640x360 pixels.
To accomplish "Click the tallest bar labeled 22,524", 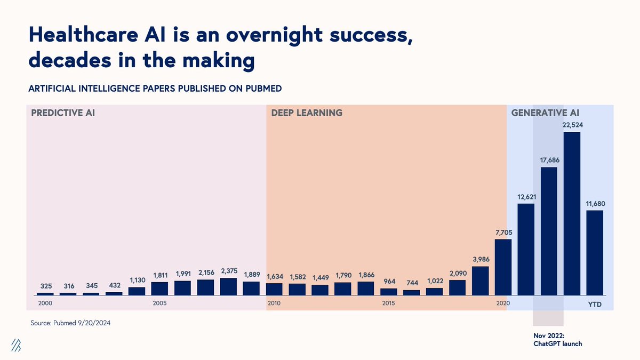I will coord(572,213).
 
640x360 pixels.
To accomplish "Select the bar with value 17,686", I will coord(549,231).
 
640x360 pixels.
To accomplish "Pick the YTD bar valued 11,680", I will coord(595,252).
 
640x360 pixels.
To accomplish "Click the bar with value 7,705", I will coord(503,267).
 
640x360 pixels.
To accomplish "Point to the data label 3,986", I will coord(481,259).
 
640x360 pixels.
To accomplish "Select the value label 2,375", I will coord(228,271).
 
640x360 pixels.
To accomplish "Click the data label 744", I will coord(411,283).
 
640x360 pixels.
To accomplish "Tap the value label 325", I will coord(45,286).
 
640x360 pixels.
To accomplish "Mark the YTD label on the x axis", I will coord(595,303).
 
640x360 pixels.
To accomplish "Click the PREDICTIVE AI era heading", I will coord(63,113).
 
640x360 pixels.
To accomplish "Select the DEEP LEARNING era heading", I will coord(307,113).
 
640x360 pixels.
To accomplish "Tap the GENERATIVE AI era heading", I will coord(545,113).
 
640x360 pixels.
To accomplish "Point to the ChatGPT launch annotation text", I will coord(557,340).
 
